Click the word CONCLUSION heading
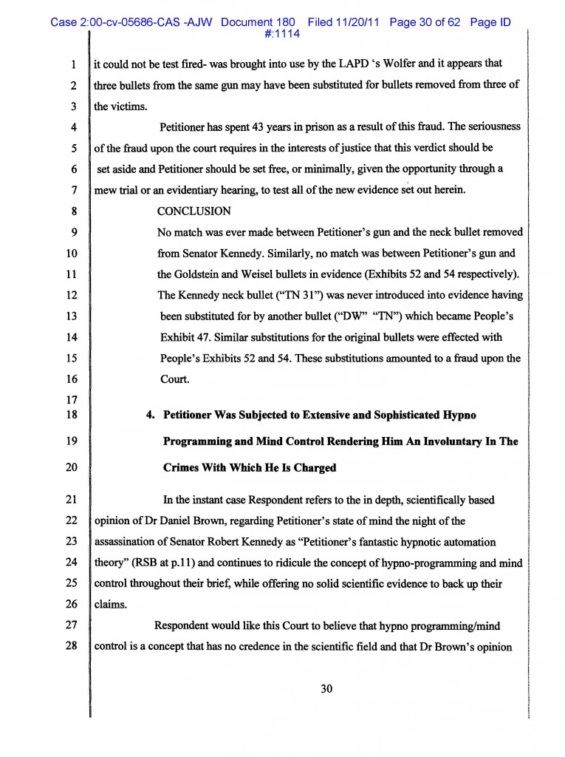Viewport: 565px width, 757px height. point(194,211)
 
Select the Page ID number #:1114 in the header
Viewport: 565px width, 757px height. point(281,34)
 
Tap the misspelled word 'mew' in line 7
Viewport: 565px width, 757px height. point(106,190)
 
